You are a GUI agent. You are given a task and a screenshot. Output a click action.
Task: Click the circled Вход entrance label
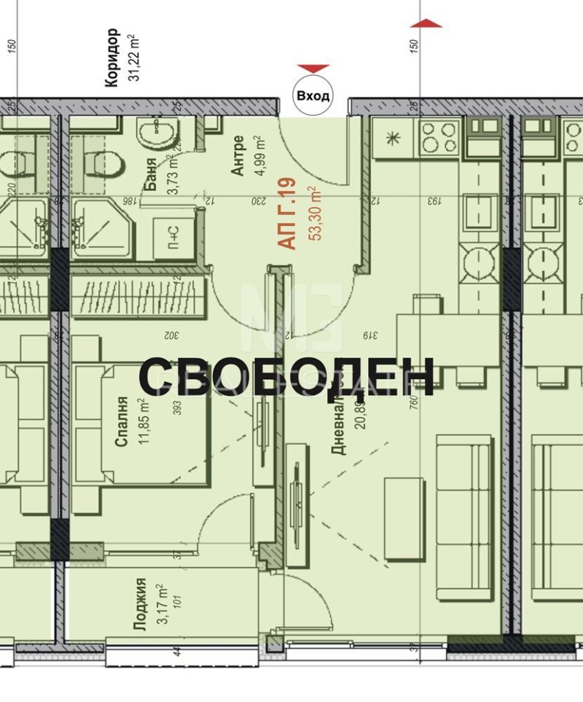pyautogui.click(x=313, y=95)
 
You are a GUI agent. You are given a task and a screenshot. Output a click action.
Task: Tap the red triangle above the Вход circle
pyautogui.click(x=313, y=69)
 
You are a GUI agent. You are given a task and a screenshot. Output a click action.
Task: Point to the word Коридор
pyautogui.click(x=111, y=58)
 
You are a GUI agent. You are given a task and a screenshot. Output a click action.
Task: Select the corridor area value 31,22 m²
pyautogui.click(x=133, y=58)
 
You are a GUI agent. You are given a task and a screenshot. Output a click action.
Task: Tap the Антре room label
pyautogui.click(x=237, y=155)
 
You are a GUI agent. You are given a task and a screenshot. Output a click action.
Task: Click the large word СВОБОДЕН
pyautogui.click(x=286, y=377)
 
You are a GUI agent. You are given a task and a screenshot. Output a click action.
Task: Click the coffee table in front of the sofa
pyautogui.click(x=404, y=519)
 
